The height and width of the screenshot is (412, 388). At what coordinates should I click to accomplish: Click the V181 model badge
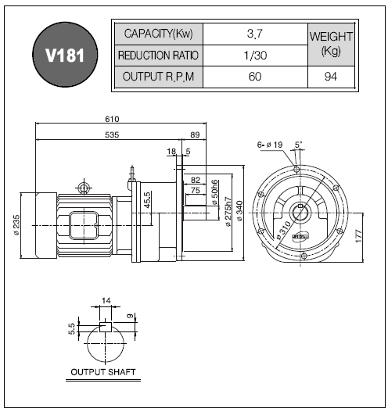coord(65,55)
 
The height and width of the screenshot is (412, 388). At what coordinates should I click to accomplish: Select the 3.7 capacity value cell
coord(255,34)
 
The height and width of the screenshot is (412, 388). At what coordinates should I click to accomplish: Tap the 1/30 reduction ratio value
coord(255,56)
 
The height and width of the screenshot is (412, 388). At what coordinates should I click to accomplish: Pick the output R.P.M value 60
coord(255,77)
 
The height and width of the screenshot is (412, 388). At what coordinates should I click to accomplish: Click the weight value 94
coord(330,77)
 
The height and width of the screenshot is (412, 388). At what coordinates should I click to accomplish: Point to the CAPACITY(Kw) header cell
coord(159,34)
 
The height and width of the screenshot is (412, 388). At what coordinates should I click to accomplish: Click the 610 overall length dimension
coord(112,119)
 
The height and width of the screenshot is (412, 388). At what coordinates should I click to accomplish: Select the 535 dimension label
coord(112,134)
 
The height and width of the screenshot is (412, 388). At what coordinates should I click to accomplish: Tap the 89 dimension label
coord(195,134)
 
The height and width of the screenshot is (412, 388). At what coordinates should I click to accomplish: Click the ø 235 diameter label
coord(16,225)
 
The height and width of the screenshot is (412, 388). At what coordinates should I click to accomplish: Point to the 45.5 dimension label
coord(147,200)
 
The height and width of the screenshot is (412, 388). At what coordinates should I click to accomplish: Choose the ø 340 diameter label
coord(239,211)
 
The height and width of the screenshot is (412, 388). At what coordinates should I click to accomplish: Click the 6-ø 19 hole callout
coord(269,145)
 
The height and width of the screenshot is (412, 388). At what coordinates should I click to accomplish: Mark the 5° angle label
coord(298,145)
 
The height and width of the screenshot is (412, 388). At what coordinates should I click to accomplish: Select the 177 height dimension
coord(358,236)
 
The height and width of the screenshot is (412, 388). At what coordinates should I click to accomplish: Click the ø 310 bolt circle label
coord(283,230)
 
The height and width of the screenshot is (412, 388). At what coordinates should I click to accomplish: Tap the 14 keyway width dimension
coord(106,300)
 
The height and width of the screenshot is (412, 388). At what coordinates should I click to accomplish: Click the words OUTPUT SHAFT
coord(103,372)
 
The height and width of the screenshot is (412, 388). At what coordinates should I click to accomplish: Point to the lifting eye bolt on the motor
coord(84,188)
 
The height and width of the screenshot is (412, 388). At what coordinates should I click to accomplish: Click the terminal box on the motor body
coord(84,225)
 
